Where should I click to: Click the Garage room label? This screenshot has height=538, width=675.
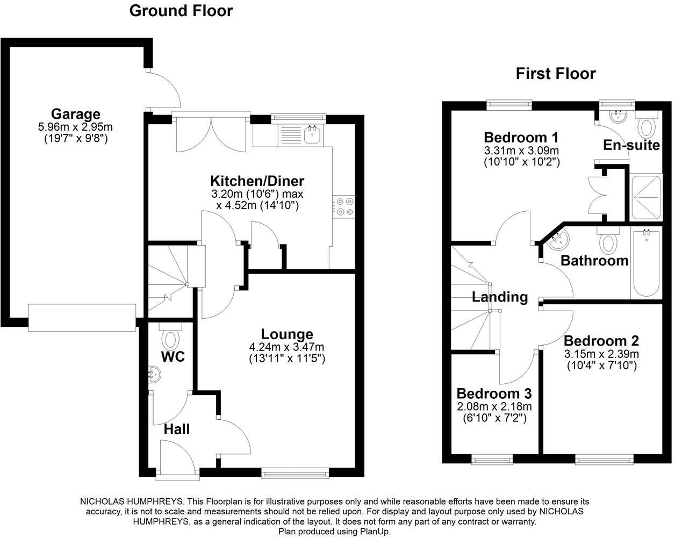(x=75, y=114)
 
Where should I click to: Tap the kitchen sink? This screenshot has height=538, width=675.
(x=312, y=134)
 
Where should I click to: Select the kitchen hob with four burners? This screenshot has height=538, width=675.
(x=344, y=207)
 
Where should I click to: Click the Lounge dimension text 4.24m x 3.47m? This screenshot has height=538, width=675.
(x=286, y=347)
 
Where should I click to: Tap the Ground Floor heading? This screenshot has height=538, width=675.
(x=181, y=11)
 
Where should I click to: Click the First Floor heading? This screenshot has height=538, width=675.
(x=556, y=73)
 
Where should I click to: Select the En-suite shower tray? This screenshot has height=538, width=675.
(x=646, y=197)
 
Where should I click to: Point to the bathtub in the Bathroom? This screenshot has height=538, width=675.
(x=646, y=263)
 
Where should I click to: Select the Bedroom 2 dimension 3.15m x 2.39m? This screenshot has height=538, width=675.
(x=601, y=354)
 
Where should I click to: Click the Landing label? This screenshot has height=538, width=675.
(x=500, y=297)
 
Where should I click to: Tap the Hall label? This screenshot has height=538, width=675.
(x=177, y=429)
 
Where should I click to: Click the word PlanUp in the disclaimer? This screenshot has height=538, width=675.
(x=374, y=531)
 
